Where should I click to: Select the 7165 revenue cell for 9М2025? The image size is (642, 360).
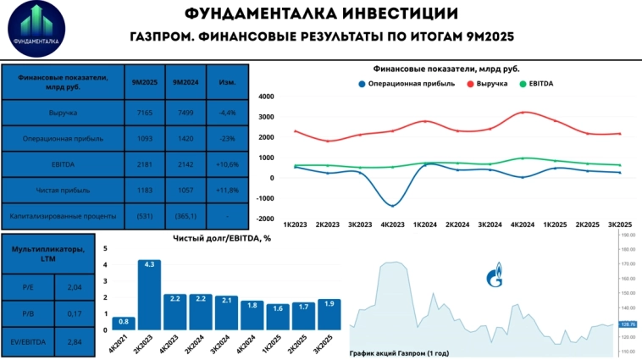(144, 113)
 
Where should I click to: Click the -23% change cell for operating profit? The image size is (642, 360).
(227, 138)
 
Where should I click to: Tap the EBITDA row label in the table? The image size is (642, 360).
(63, 164)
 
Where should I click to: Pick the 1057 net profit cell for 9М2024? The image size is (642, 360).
(185, 191)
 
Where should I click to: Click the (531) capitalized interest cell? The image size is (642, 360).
(144, 216)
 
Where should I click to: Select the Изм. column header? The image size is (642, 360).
(227, 82)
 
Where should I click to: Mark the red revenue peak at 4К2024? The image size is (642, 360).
(524, 112)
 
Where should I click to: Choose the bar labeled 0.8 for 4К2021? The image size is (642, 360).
(124, 323)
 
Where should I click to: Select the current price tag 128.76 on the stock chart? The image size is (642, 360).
(628, 324)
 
